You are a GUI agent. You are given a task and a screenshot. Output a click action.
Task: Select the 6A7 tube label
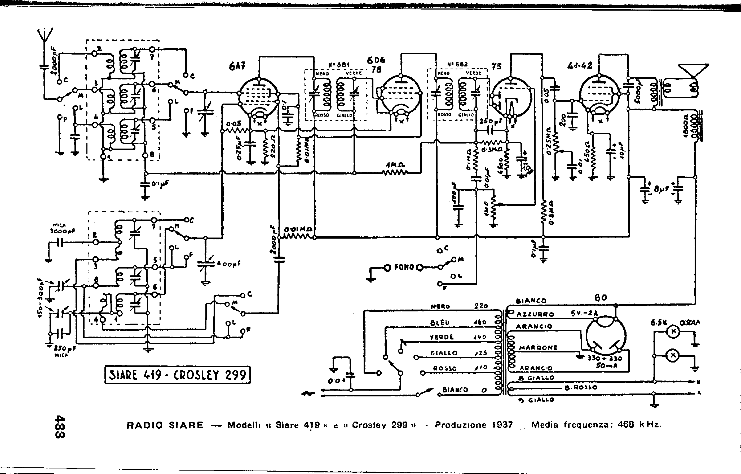(237, 66)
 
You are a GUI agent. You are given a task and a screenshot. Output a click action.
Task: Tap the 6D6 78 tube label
(376, 65)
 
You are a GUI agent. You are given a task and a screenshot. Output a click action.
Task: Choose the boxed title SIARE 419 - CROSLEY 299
(178, 375)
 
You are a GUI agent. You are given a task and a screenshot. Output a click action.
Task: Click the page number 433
(59, 427)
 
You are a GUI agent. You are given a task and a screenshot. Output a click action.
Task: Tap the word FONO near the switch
(404, 267)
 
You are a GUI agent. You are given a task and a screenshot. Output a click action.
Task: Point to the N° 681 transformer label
(338, 65)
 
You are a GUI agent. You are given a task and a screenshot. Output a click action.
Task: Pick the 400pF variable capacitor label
(228, 264)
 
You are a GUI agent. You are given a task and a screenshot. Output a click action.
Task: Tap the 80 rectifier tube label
(601, 298)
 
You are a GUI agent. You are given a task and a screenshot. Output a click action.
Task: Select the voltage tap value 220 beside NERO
(481, 306)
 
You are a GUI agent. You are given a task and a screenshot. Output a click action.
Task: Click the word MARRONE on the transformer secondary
(538, 348)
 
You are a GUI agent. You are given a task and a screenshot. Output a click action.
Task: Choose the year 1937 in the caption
(502, 425)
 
